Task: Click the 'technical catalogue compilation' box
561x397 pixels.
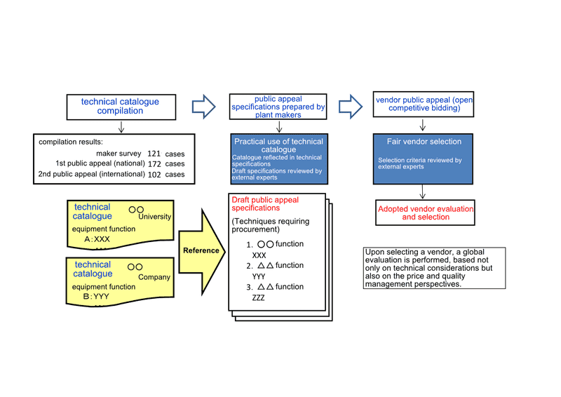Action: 121,107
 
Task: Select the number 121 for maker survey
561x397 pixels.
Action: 154,154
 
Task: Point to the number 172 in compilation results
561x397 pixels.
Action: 154,164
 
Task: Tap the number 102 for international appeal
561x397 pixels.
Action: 154,175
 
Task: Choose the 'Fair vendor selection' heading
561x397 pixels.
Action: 424,142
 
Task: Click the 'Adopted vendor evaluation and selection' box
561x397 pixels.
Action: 426,213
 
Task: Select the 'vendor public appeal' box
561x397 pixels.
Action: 424,105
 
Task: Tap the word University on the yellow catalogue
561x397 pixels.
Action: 154,217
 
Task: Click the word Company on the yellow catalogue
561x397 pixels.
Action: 154,277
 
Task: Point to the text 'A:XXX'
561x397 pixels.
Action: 97,239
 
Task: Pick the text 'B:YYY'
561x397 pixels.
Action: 96,297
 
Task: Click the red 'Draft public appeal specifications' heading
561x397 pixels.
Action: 265,203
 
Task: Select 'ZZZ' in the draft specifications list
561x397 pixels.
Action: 258,297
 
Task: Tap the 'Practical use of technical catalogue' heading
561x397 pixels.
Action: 278,145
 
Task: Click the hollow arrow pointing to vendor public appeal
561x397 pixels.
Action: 351,107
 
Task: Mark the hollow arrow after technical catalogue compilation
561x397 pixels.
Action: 203,107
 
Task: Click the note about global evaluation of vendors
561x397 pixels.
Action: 434,268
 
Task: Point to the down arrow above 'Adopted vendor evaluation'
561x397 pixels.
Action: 423,191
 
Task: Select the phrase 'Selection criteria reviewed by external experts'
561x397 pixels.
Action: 419,163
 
